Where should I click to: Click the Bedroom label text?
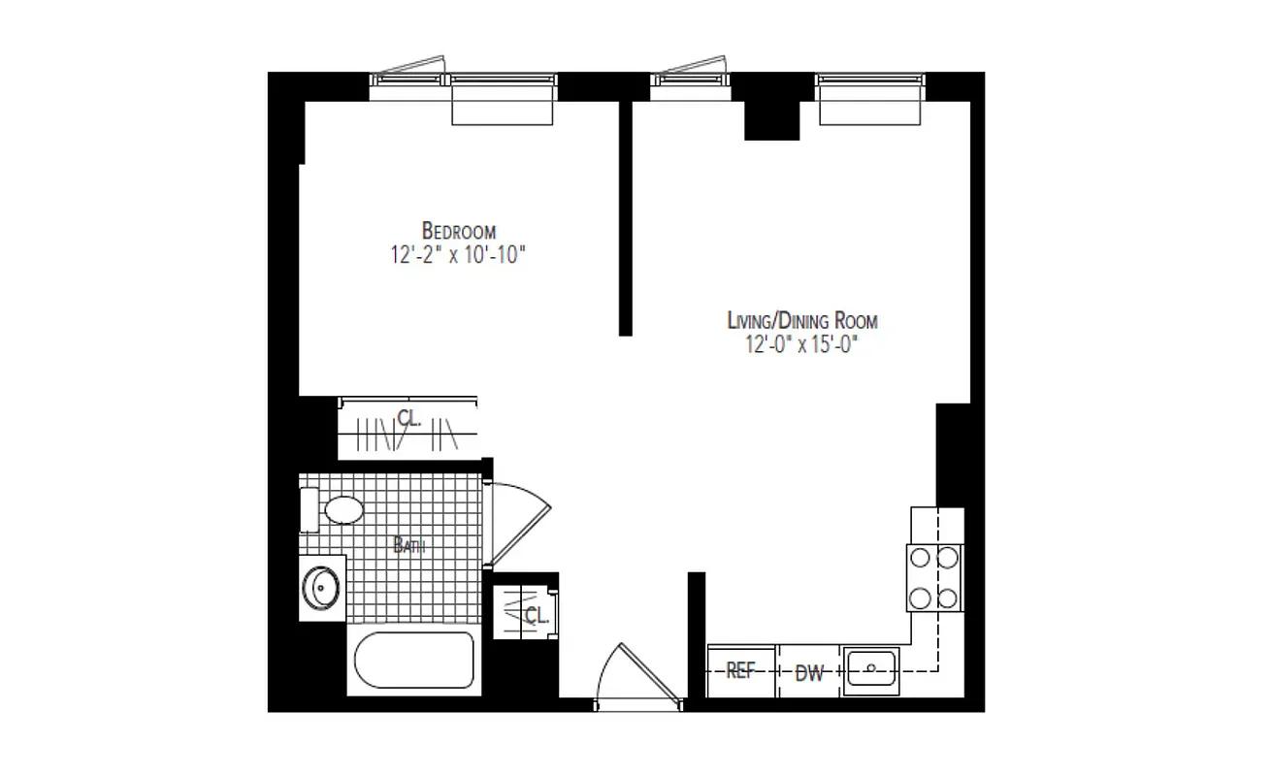pyautogui.click(x=459, y=231)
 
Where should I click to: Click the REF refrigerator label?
pyautogui.click(x=740, y=672)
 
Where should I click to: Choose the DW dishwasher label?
pyautogui.click(x=809, y=673)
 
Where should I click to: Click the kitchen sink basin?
pyautogui.click(x=871, y=668)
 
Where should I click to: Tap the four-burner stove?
pyautogui.click(x=934, y=577)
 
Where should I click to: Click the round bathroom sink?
pyautogui.click(x=321, y=585)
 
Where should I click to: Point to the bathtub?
pyautogui.click(x=413, y=664)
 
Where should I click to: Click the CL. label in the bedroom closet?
pyautogui.click(x=408, y=418)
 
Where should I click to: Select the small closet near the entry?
pyautogui.click(x=524, y=612)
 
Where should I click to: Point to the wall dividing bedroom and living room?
pyautogui.click(x=626, y=218)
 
